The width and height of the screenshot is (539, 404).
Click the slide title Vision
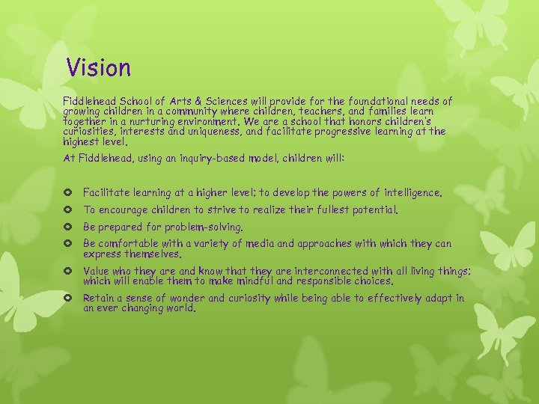tap(98, 68)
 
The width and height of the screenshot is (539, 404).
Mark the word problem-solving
tap(206, 227)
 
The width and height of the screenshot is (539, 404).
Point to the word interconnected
tap(314, 271)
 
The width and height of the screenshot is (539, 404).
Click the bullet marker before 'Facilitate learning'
tap(70, 193)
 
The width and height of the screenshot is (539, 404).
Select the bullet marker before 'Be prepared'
tap(70, 227)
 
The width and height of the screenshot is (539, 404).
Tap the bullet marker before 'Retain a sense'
tap(70, 298)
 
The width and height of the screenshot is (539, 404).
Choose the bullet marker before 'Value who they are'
tap(70, 271)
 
